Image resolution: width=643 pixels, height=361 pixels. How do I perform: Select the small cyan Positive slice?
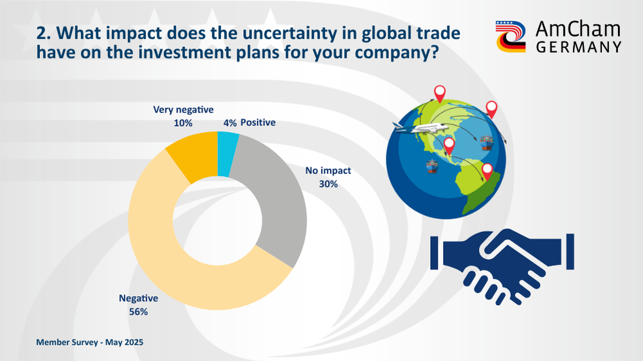[227, 154]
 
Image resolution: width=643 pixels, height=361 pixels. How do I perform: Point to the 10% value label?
[183, 123]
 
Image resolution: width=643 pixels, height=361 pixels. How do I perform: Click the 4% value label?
[230, 123]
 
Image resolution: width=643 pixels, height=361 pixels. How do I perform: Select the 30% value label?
[329, 184]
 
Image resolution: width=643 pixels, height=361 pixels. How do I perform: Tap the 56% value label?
[138, 312]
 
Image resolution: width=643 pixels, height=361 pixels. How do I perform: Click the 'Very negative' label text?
[183, 110]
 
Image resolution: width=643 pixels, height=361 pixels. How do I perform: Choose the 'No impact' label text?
[328, 170]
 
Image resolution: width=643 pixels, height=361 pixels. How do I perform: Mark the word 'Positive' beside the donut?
[258, 123]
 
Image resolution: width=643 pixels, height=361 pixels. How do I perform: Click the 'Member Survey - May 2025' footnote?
[90, 342]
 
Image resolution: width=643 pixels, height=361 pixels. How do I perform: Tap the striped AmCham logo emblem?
[511, 37]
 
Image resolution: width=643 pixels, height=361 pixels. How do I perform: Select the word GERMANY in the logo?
[579, 47]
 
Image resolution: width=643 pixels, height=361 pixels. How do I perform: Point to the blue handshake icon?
[502, 267]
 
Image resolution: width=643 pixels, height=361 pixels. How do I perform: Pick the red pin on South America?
[487, 172]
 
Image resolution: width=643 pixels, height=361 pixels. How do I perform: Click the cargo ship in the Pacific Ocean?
[432, 166]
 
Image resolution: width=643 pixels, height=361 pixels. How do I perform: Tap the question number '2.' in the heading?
[44, 33]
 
